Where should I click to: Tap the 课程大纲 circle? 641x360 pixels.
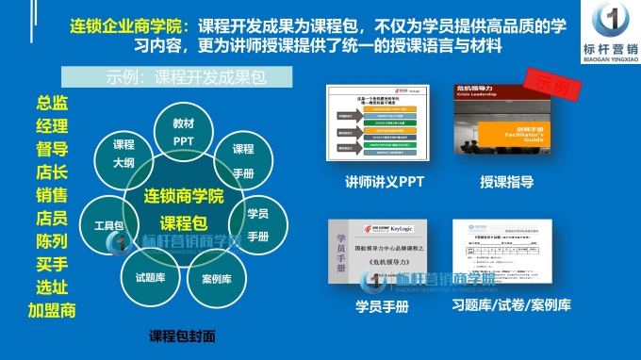click(123, 154)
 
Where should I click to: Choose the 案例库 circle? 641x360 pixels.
click(217, 279)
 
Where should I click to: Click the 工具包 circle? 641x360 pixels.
click(108, 226)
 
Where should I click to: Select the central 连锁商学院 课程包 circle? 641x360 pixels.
click(183, 209)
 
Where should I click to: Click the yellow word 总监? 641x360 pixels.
click(52, 104)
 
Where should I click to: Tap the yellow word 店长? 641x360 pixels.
click(52, 172)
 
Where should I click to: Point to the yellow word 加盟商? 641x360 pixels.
click(52, 310)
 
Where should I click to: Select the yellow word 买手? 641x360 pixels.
click(52, 265)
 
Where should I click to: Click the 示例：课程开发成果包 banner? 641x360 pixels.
click(175, 76)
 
